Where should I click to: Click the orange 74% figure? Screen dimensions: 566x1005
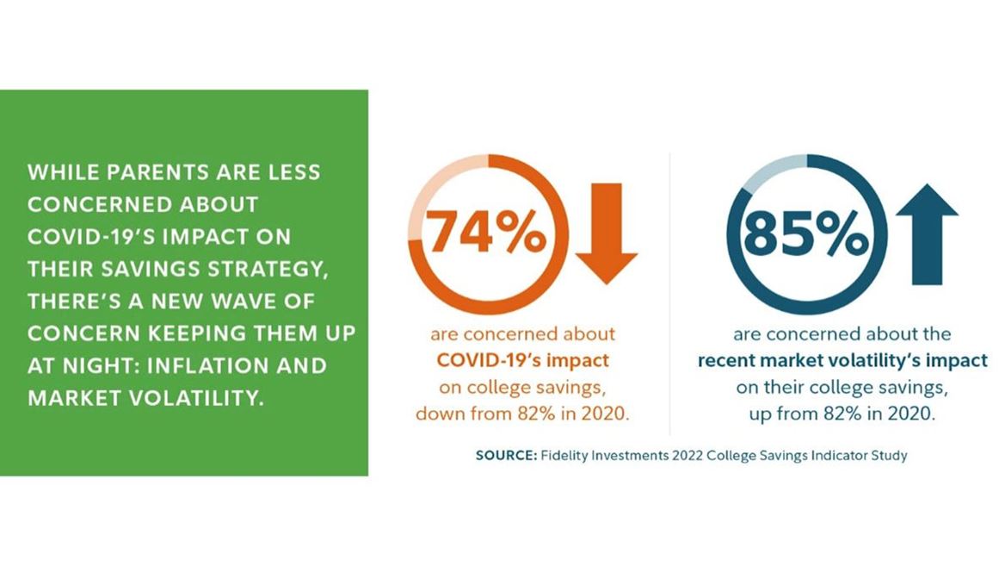coord(486,233)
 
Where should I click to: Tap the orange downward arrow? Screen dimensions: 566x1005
coord(606,233)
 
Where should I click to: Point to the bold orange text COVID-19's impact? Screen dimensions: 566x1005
coord(524,359)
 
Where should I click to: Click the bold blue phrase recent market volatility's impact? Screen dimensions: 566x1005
coord(842,360)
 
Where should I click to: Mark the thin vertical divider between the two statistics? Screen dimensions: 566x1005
coord(669,293)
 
